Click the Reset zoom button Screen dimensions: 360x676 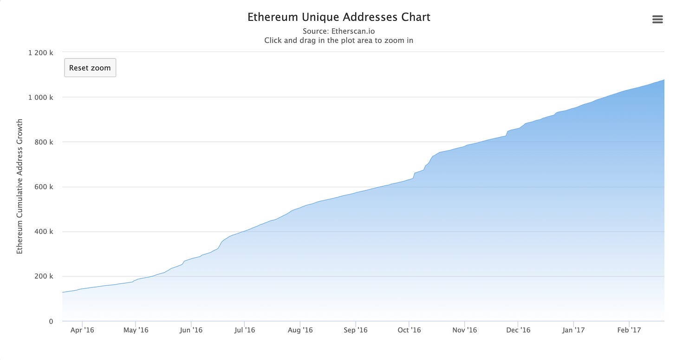coord(90,68)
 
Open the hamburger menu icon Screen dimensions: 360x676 coord(657,19)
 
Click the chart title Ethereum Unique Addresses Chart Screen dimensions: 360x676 coord(339,17)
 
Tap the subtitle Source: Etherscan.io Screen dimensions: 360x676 coord(339,31)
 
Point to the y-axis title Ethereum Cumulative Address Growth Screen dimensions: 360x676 coord(19,187)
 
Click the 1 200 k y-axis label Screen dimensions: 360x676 coord(41,52)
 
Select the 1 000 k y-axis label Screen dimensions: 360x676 coord(41,98)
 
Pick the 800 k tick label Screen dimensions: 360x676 coord(44,142)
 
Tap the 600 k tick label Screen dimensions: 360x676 coord(44,187)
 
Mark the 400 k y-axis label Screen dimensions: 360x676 coord(44,232)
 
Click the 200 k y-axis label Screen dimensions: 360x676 coord(44,276)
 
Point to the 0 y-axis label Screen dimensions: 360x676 coord(51,321)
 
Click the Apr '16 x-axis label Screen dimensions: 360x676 coord(82,330)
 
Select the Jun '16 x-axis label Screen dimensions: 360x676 coord(191,330)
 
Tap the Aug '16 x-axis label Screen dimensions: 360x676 coord(300,330)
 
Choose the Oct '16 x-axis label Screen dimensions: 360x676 coord(409,330)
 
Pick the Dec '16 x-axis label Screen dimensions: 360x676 coord(518,330)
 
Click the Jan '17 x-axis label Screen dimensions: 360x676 coord(573,330)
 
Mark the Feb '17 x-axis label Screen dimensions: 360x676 coord(629,330)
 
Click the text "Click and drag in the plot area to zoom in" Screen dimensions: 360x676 coord(339,40)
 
